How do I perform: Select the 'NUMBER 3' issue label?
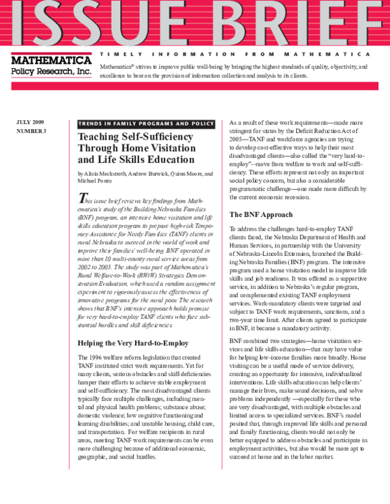coord(31,132)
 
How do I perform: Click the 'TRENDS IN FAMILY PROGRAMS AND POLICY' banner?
coord(146,123)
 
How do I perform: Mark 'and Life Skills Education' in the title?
coord(136,160)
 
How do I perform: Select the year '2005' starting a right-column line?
coord(237,139)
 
